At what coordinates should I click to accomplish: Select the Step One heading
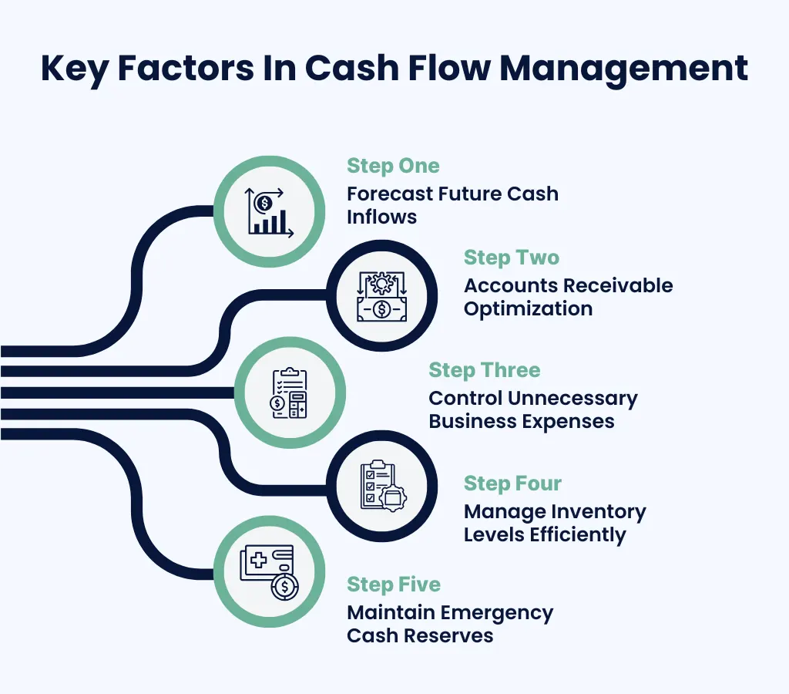tap(393, 166)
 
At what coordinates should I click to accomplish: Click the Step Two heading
tap(512, 258)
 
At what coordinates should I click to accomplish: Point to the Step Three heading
tap(485, 370)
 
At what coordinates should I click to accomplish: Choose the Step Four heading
tap(512, 483)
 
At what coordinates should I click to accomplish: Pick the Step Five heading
tap(394, 585)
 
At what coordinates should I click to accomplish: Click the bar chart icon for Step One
tap(267, 211)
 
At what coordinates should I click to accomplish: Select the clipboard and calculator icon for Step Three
tap(289, 393)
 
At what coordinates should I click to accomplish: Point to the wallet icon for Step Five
tap(267, 571)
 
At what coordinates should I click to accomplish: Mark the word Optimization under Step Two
tap(528, 309)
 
